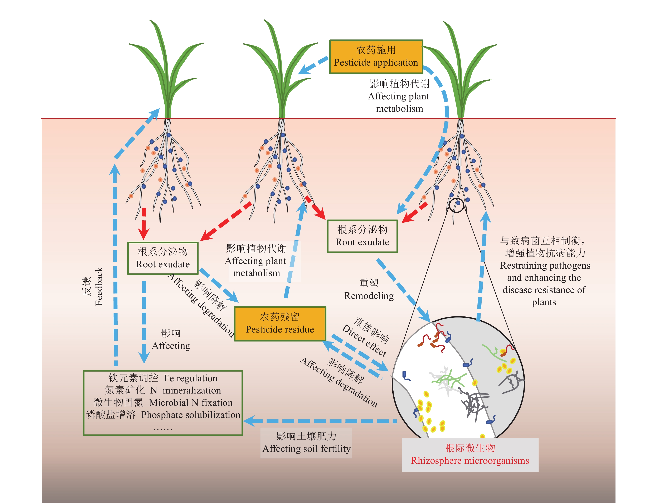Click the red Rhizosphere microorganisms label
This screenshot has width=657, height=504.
(470, 455)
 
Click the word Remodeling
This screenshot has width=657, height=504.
(369, 296)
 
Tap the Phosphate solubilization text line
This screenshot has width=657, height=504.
(191, 415)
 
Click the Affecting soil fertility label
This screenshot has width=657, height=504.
(306, 448)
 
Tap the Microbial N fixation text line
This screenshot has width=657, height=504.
(191, 403)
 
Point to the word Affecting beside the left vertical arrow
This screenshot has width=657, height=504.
(171, 346)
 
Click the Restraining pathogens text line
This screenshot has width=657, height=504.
(545, 265)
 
